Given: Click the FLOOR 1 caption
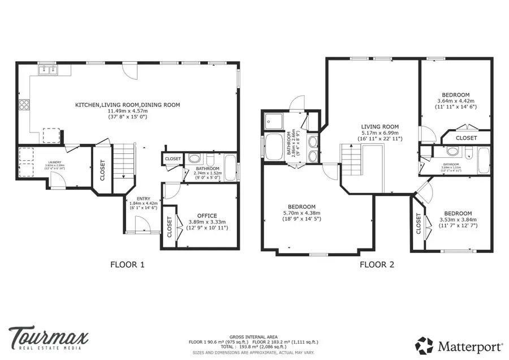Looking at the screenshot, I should (x=127, y=264).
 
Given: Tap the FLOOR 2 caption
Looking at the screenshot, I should (x=377, y=264).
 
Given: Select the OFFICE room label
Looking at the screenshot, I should (x=207, y=216).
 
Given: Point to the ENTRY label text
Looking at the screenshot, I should (x=136, y=199).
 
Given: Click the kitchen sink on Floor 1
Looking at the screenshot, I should (x=48, y=70).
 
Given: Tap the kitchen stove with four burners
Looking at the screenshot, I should (x=24, y=104).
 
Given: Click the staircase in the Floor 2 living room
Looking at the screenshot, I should (x=351, y=160).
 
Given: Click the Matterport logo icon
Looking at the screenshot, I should (x=424, y=345).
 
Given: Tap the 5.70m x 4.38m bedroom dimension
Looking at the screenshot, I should (x=301, y=213).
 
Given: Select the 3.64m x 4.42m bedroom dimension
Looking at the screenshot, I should (x=455, y=101).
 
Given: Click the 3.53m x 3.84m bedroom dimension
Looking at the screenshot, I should (x=458, y=220).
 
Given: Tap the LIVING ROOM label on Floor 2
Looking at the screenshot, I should (x=380, y=127).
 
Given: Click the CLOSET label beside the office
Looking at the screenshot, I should (x=170, y=227).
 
